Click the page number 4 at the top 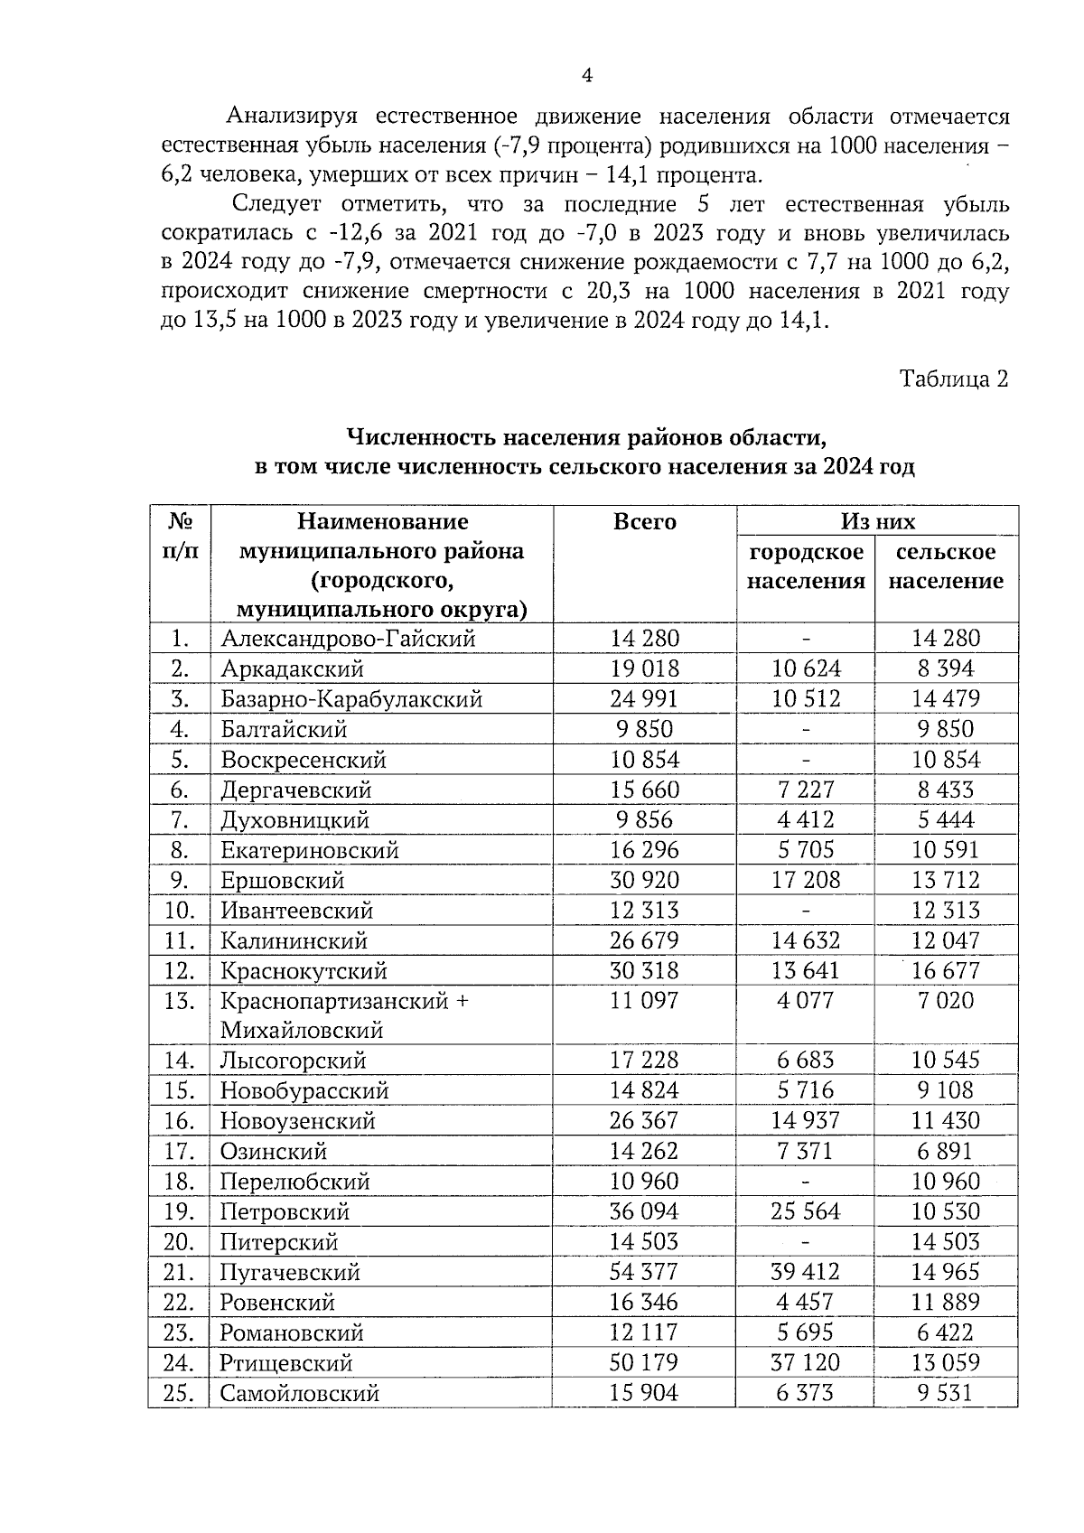click(x=586, y=76)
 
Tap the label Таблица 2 click(x=952, y=379)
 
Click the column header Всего click(x=644, y=521)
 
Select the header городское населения click(x=805, y=566)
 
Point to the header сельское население click(x=945, y=566)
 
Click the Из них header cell click(x=877, y=521)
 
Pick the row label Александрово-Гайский click(x=348, y=638)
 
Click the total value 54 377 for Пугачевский click(x=644, y=1272)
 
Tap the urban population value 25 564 click(x=805, y=1211)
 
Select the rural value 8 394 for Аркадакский click(x=945, y=668)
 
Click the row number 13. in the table click(x=180, y=1001)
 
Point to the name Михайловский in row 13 click(x=302, y=1031)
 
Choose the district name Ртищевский click(x=286, y=1362)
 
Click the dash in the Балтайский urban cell click(x=805, y=729)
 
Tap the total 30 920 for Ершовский click(x=644, y=880)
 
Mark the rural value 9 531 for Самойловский click(x=945, y=1393)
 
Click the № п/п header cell click(x=180, y=536)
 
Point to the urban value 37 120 click(x=805, y=1362)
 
